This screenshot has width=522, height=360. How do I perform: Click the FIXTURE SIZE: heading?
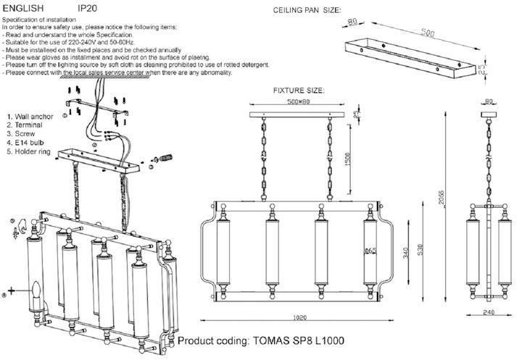tap(298, 91)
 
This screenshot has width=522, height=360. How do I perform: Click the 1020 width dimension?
tap(299, 317)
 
